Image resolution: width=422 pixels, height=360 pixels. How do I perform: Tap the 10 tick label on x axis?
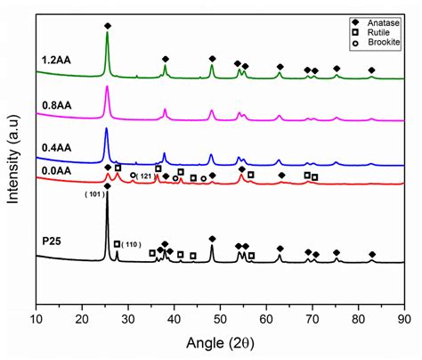point(37,317)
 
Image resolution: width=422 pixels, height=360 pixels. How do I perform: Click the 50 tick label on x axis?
point(221,317)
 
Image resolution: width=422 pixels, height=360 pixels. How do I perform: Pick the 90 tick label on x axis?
point(405,317)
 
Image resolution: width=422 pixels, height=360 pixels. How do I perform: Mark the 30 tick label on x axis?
point(128,317)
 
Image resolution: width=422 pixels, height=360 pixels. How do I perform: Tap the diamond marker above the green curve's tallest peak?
point(108,26)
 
